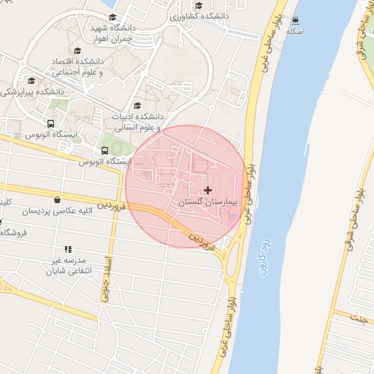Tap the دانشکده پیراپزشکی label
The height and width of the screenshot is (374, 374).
[32, 92]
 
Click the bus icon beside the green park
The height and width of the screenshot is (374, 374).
[106, 152]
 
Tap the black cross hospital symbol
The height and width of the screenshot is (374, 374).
[208, 189]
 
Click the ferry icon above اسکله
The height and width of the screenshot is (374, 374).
[295, 20]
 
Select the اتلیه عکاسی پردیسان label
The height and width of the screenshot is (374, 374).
[58, 211]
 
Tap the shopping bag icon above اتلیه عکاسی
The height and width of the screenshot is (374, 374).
[57, 199]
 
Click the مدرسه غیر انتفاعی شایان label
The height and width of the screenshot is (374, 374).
[67, 265]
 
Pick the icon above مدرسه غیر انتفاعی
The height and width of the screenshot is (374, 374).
[68, 249]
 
